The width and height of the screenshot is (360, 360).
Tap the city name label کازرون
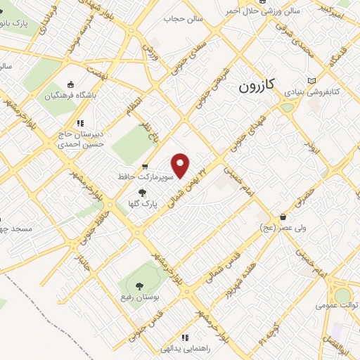pyautogui.click(x=256, y=86)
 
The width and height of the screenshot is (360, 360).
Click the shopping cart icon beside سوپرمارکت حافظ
pyautogui.click(x=144, y=167)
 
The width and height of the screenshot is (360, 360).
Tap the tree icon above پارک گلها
pyautogui.click(x=142, y=192)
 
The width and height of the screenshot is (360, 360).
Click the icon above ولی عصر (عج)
pyautogui.click(x=283, y=217)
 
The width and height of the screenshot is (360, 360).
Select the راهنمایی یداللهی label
pyautogui.click(x=185, y=349)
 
